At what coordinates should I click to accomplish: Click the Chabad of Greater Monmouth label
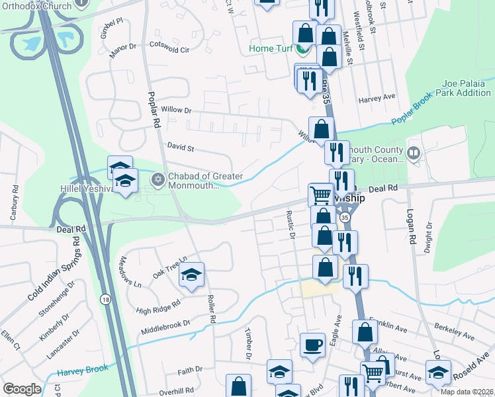coord(206,181)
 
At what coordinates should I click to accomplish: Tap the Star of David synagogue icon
coord(157,179)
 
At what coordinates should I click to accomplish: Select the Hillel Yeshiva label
coord(89,189)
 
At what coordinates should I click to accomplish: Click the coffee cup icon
coord(312,344)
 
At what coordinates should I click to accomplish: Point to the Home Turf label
coord(271,49)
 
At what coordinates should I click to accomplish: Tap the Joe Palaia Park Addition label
coord(467,89)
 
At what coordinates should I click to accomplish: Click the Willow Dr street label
coord(175,110)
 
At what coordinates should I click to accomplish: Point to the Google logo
coord(22,388)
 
